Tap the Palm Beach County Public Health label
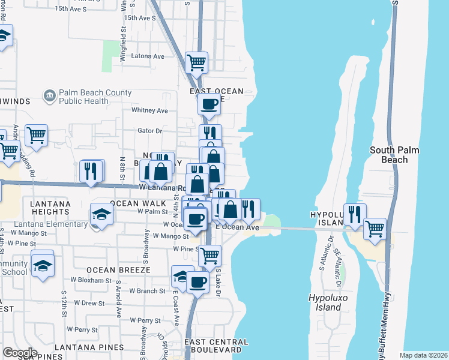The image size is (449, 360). click(x=95, y=97)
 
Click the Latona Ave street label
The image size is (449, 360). click(x=148, y=56)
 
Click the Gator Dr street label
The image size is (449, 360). click(x=150, y=131)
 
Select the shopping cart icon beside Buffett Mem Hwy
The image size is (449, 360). click(x=375, y=228)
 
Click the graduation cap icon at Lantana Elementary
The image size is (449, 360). click(x=101, y=214)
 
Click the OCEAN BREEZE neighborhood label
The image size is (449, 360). click(x=118, y=270)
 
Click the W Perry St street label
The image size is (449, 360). click(x=83, y=329)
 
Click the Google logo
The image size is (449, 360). click(x=20, y=353)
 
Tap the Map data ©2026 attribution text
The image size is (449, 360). click(x=423, y=355)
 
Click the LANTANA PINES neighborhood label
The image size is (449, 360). click(x=89, y=347)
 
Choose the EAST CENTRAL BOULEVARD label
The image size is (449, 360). click(x=214, y=346)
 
